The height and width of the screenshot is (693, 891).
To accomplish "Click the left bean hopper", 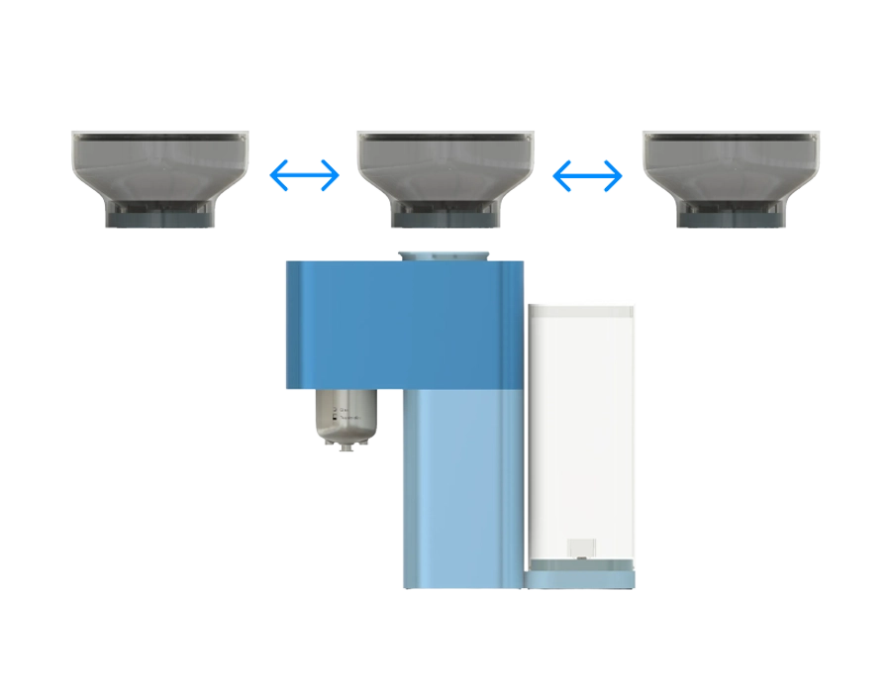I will point(160,166).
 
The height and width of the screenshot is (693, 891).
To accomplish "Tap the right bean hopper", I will point(731,166).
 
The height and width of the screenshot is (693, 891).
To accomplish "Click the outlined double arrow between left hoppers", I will point(305,177).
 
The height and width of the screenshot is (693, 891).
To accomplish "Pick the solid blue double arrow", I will point(588,177).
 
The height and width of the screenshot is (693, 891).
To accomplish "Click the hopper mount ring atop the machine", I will point(444,253).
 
